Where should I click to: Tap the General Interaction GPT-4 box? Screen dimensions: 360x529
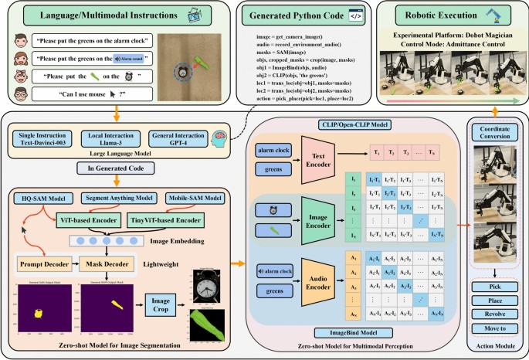point(178,142)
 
